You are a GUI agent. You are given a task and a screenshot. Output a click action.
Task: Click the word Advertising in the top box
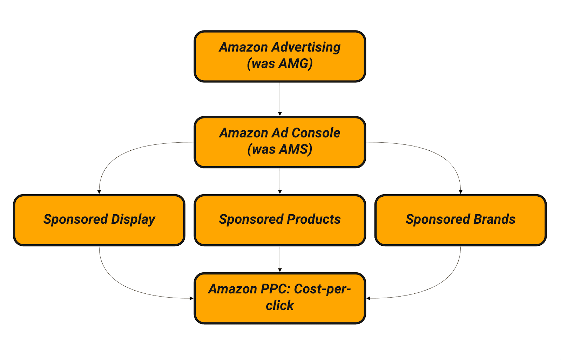point(306,47)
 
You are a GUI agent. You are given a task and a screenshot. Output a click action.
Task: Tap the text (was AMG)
point(280,64)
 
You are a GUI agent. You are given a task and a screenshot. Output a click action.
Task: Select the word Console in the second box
point(316,133)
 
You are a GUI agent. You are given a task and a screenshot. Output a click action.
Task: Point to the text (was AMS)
point(280,150)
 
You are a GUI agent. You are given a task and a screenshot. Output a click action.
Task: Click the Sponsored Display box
point(99,231)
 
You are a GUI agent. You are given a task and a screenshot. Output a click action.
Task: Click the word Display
point(133,219)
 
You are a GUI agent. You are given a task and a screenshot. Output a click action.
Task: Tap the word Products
point(314,219)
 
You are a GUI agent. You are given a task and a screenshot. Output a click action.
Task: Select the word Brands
point(494,219)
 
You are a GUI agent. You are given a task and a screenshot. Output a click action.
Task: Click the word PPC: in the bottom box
point(275,289)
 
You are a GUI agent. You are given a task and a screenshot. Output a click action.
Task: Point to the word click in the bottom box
point(280,306)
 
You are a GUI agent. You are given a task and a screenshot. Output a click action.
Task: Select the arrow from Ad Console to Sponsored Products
point(280,181)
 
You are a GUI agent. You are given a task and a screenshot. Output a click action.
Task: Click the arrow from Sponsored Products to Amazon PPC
point(280,259)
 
